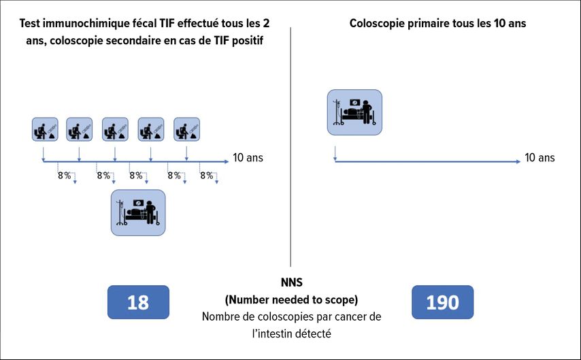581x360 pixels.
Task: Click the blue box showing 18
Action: coord(138,302)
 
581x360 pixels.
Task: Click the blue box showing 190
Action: coord(442,302)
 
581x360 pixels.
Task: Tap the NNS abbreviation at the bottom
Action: coord(292,282)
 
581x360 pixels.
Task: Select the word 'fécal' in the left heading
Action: coord(144,23)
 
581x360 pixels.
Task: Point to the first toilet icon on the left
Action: coord(45,129)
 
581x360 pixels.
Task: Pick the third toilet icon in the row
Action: coord(115,129)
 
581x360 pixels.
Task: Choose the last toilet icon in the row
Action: coord(186,129)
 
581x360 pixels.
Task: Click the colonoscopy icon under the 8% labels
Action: coord(138,213)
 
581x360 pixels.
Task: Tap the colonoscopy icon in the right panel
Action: coord(354,112)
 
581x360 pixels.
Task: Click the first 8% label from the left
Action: coord(65,176)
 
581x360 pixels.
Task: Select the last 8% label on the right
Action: coord(207,176)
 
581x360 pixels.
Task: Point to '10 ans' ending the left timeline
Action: coord(248,158)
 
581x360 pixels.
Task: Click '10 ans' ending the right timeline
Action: coord(540,158)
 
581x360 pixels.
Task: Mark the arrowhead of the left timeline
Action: coord(227,162)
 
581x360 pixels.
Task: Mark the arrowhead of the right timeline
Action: coord(518,162)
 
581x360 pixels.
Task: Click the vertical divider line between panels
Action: coord(290,146)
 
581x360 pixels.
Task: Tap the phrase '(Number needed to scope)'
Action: coord(292,299)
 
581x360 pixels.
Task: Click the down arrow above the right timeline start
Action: coord(335,154)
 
